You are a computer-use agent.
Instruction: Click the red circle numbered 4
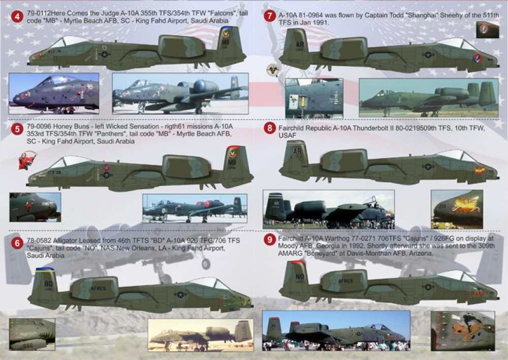pos(18,17)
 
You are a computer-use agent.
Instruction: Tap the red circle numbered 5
pos(18,129)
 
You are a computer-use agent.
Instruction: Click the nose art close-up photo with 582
pos(31,334)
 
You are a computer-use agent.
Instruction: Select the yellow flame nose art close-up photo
pos(456,208)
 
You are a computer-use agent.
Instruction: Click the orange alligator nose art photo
pos(462,330)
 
